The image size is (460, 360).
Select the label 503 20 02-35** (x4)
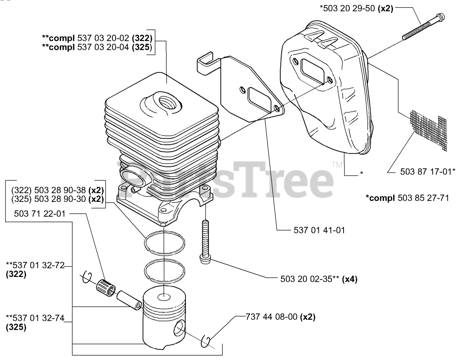[x=318, y=279]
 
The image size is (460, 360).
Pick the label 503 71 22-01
[x=40, y=214]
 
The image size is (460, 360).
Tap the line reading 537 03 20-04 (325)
[x=97, y=47]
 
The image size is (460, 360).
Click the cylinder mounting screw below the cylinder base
[x=204, y=241]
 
